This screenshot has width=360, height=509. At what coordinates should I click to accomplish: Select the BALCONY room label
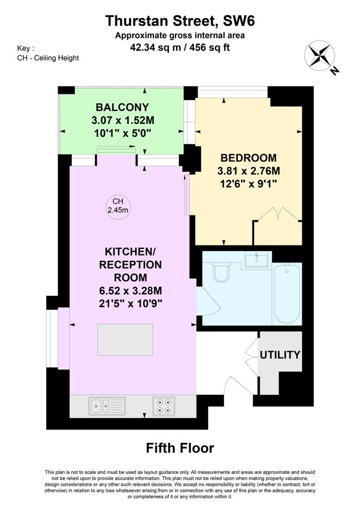[122, 107]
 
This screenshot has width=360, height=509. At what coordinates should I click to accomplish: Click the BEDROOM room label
[248, 157]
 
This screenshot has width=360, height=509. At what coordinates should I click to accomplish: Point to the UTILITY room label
[280, 355]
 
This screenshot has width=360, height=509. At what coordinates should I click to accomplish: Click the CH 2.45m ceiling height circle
[118, 206]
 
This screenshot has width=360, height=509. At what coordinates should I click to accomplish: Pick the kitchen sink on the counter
[107, 405]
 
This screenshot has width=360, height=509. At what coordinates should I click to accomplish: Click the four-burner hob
[164, 406]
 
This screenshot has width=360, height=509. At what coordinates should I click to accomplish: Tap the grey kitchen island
[126, 339]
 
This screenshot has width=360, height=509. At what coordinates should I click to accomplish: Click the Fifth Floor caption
[180, 448]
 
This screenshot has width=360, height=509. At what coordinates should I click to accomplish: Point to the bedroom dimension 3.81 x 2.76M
[248, 171]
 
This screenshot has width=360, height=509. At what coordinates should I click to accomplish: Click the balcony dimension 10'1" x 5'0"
[122, 133]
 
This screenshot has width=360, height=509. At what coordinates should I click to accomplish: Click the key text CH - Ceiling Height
[48, 58]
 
